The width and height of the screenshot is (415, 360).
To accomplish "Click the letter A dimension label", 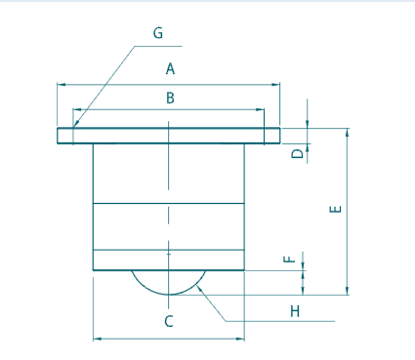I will tap(170, 69).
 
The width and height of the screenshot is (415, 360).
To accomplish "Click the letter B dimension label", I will tap(169, 98).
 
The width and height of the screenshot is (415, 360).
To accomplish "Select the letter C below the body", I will tap(168, 320).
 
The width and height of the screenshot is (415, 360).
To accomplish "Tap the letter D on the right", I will tap(297, 154).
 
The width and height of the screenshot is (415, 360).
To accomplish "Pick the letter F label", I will tap(288, 260).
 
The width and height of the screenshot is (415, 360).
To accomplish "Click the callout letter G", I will tap(158, 32).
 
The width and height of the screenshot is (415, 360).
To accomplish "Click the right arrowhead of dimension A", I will tap(278, 85).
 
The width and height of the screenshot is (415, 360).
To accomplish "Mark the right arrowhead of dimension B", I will tap(261, 110).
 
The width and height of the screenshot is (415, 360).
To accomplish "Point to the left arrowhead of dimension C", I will tap(95, 339).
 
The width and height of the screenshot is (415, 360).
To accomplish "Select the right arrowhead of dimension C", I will tap(242, 339).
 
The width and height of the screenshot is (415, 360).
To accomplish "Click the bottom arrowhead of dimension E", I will tap(347, 291).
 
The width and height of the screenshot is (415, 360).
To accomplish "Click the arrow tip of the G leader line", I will tap(73, 128).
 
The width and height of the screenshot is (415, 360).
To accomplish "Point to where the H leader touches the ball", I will tap(201, 284).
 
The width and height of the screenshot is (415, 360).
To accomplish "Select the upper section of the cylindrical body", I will tap(168, 173).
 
